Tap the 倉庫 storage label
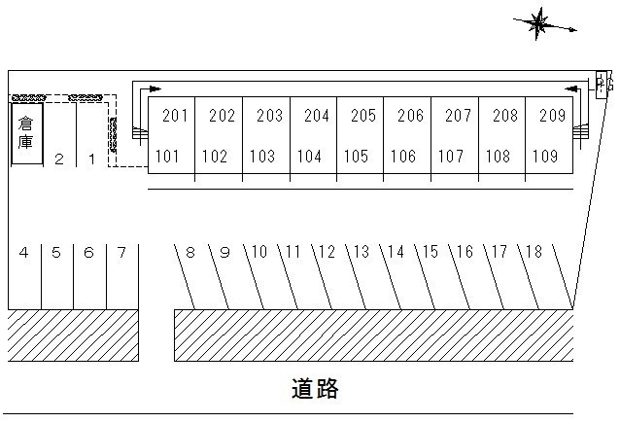point(25,133)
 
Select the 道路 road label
point(315,389)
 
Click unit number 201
point(175,116)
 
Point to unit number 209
point(551,116)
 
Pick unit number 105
point(357,156)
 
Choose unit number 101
point(168,156)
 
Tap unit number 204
point(317,116)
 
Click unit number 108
point(499,156)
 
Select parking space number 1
point(91,159)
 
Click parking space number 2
point(59,159)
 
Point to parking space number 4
point(23,253)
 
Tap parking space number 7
point(121,253)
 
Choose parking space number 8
point(190,253)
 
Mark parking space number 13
point(361,253)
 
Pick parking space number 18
point(533,253)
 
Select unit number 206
point(411,116)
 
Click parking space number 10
point(258,253)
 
